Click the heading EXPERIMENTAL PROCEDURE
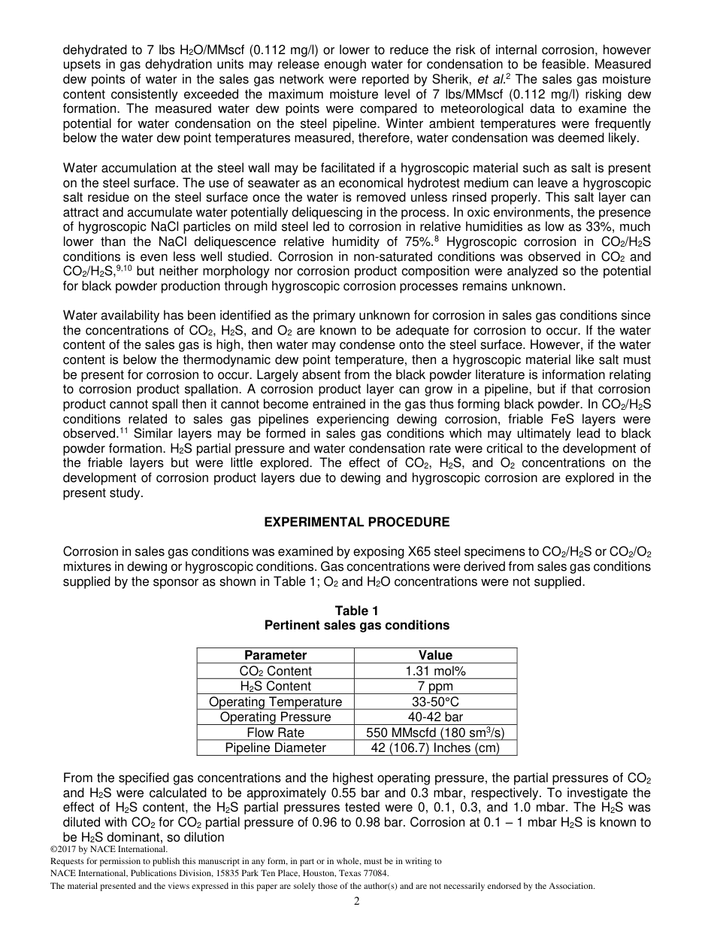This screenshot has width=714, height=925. (x=357, y=522)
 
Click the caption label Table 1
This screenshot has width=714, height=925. (x=357, y=611)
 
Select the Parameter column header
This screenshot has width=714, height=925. (x=275, y=655)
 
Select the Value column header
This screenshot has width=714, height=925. (x=435, y=655)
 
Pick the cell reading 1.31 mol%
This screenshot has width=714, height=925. (x=435, y=671)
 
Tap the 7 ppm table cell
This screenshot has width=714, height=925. (x=435, y=686)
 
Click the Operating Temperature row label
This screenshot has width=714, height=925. (x=275, y=702)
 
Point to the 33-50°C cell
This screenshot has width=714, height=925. (x=435, y=702)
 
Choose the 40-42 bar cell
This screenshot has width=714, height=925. (x=435, y=717)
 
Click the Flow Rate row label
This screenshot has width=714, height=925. (x=275, y=732)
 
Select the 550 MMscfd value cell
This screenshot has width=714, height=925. (x=435, y=732)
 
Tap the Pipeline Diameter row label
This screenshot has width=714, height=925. (x=275, y=748)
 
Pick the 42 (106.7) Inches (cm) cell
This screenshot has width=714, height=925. (x=435, y=748)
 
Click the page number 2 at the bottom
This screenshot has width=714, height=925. (x=357, y=902)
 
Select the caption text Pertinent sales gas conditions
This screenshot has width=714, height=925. (x=357, y=625)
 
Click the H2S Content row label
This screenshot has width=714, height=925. (x=275, y=686)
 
